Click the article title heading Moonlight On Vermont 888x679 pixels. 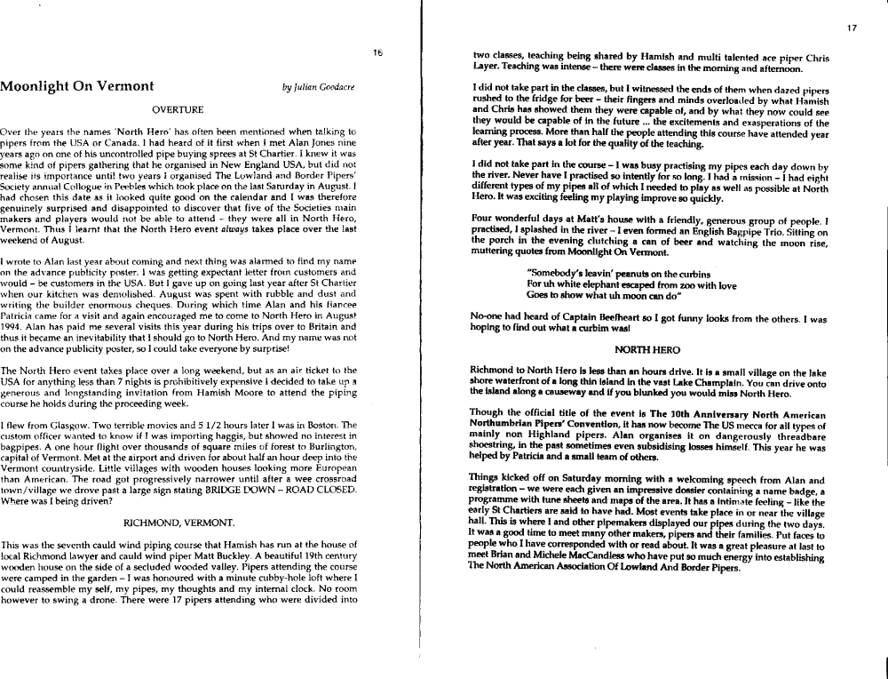click(78, 87)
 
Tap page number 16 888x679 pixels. click(377, 53)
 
